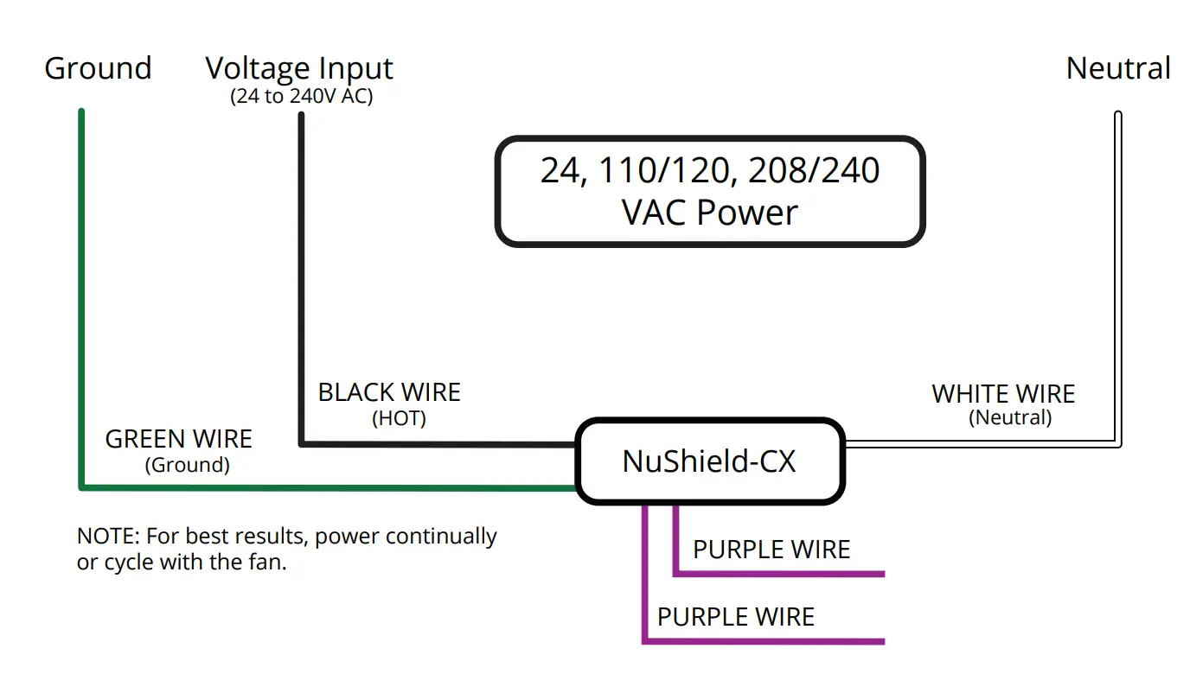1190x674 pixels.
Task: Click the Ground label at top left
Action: pyautogui.click(x=98, y=68)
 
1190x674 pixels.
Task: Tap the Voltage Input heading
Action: pyautogui.click(x=299, y=68)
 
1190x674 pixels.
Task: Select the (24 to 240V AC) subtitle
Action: pyautogui.click(x=301, y=96)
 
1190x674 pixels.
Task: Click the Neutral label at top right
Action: pyautogui.click(x=1118, y=68)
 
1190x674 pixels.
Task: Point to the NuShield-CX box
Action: pyautogui.click(x=709, y=461)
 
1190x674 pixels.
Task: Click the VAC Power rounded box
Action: pyautogui.click(x=709, y=191)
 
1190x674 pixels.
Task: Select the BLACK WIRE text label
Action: pyautogui.click(x=389, y=392)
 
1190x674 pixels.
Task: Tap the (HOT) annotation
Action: pyautogui.click(x=399, y=419)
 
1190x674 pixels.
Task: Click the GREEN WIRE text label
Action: pyautogui.click(x=178, y=439)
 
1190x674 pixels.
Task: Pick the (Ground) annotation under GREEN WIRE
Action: pyautogui.click(x=187, y=465)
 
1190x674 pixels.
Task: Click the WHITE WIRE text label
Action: pyautogui.click(x=1003, y=394)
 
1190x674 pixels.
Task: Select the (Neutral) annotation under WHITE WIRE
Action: pyautogui.click(x=1010, y=418)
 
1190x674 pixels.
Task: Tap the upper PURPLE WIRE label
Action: pyautogui.click(x=771, y=550)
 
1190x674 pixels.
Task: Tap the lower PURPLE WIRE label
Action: pyautogui.click(x=735, y=617)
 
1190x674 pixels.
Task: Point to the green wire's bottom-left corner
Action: pyautogui.click(x=82, y=487)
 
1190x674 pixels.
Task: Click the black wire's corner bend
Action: pyautogui.click(x=301, y=444)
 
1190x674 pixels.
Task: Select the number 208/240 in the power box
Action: pyautogui.click(x=814, y=170)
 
